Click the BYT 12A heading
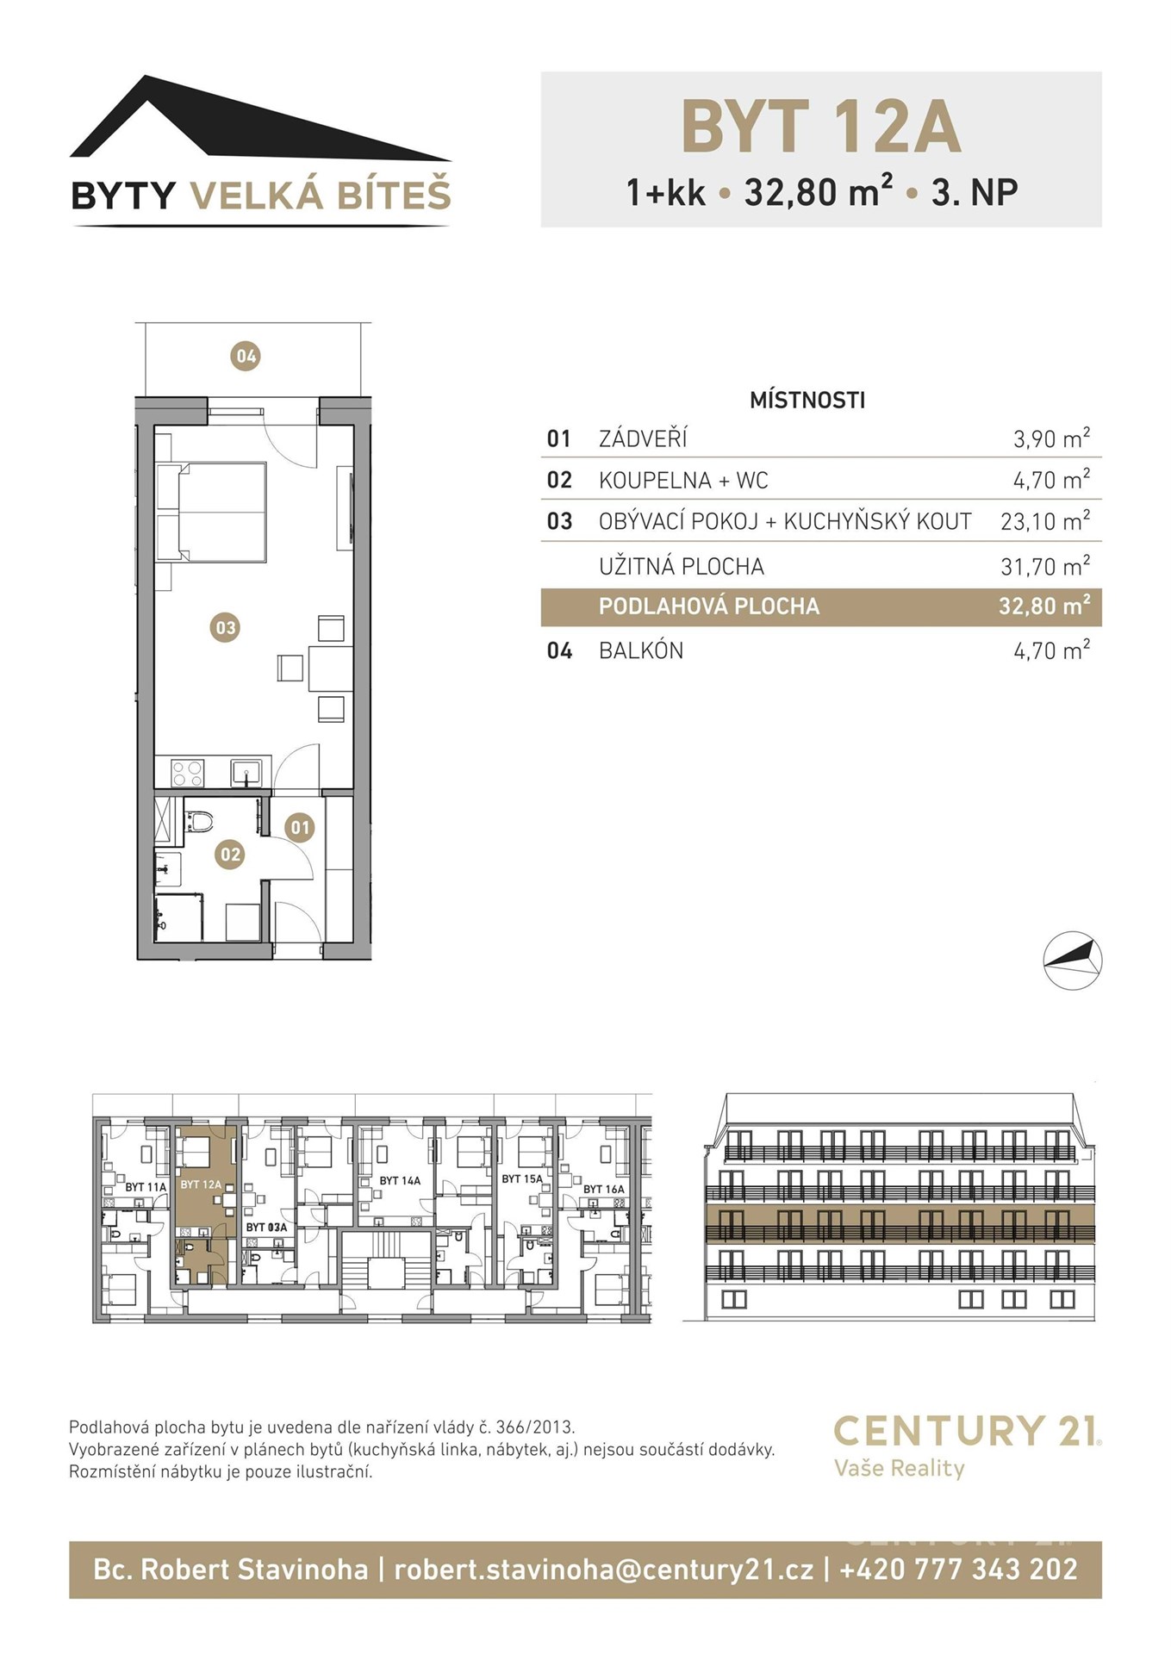820,127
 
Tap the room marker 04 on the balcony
246,356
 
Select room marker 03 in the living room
225,627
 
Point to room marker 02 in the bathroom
230,855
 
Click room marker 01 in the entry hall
299,828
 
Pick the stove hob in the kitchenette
187,773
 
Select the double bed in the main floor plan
211,513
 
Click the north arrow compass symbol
1073,960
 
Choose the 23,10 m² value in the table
1045,521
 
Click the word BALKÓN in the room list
641,650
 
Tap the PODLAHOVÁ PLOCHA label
709,606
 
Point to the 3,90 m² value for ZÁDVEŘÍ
1051,438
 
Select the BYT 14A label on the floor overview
400,1180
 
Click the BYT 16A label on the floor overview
604,1189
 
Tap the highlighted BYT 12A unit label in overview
201,1185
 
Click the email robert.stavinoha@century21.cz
603,1570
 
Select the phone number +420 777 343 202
958,1569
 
